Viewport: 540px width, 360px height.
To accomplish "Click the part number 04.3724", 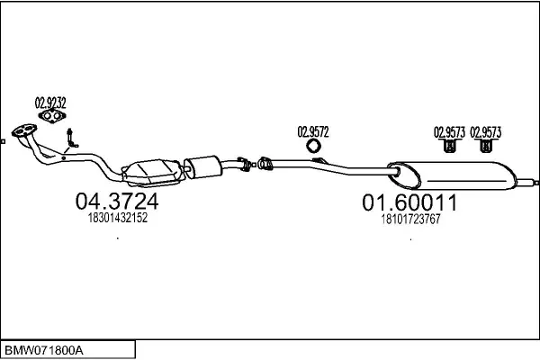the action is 117,202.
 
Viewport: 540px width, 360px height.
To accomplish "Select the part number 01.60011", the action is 409,202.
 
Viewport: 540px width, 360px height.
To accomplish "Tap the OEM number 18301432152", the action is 118,218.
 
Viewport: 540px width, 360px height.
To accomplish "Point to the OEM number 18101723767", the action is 410,219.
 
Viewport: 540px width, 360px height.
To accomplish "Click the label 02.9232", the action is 50,103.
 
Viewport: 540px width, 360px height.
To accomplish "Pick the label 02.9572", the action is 313,132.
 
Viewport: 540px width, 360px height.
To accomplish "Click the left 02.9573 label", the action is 449,132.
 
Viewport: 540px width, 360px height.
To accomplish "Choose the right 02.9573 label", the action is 486,132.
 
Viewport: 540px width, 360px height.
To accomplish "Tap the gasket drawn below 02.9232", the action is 51,116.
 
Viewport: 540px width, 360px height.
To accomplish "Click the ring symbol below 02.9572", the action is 313,146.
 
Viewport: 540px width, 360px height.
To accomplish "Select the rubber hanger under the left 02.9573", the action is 449,146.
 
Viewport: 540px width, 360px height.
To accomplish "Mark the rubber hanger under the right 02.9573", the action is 485,146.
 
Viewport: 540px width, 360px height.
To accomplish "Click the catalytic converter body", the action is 152,172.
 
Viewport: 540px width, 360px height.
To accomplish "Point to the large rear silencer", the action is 452,175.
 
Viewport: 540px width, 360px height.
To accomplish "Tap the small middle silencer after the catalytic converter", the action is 202,166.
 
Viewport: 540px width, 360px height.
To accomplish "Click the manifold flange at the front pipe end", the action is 23,130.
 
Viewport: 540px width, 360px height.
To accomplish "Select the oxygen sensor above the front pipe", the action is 71,138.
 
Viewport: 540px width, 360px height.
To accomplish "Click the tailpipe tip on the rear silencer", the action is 527,181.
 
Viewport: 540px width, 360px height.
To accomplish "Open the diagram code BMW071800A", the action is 43,351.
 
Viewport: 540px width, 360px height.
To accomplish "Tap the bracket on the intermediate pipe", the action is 319,160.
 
